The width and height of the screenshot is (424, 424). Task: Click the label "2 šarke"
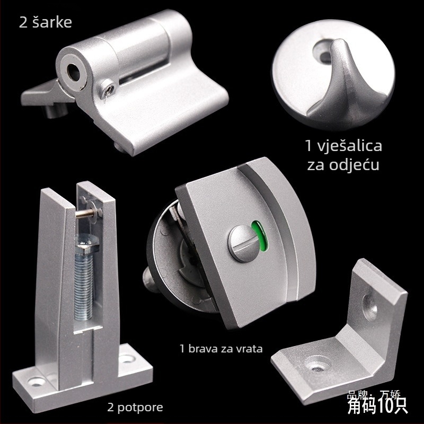point(45,23)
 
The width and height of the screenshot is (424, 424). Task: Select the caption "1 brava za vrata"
point(221,349)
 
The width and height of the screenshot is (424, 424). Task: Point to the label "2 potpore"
point(135,407)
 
